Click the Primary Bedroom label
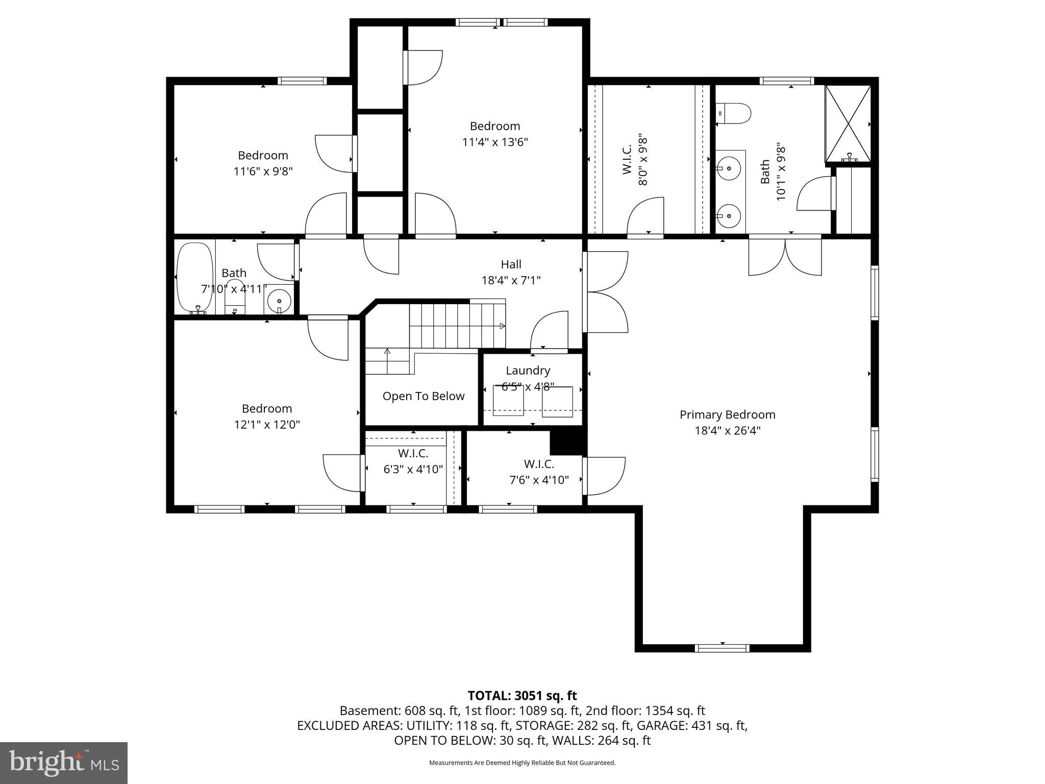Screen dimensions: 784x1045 [727, 414]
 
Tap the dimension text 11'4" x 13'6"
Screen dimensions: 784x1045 [494, 142]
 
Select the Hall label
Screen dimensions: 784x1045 [511, 264]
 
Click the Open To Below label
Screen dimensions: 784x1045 [424, 396]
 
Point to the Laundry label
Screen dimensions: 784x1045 [528, 371]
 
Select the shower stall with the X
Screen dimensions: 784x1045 [848, 123]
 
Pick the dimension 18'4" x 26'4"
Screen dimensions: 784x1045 [727, 430]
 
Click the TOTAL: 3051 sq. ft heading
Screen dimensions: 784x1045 [522, 695]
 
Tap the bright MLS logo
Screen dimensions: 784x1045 [64, 763]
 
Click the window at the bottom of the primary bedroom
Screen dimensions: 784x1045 [722, 648]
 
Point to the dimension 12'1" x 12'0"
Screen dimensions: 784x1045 [267, 424]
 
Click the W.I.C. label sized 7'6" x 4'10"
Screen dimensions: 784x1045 [539, 464]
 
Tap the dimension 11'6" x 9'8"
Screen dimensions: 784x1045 [263, 171]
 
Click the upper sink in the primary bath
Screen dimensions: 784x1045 [730, 167]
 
